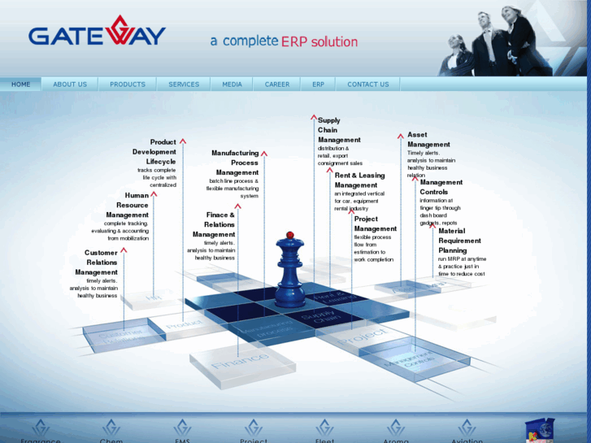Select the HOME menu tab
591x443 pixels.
(x=21, y=85)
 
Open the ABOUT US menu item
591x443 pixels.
(x=70, y=85)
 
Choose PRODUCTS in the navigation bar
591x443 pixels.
(x=128, y=85)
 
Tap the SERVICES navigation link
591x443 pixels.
(x=184, y=85)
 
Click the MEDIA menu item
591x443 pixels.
(x=232, y=85)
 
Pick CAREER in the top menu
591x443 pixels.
(x=276, y=85)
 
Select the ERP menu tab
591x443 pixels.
(x=318, y=85)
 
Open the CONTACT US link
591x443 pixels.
(x=368, y=85)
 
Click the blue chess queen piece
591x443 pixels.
(x=289, y=272)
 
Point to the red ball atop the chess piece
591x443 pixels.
(x=289, y=235)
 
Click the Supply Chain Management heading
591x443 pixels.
(x=339, y=130)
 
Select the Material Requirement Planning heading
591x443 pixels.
(x=459, y=241)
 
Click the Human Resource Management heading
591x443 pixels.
(x=128, y=205)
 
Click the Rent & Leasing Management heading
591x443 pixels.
(x=359, y=180)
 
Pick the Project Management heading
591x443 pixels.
(x=375, y=224)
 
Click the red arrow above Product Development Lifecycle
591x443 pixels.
(x=183, y=141)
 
